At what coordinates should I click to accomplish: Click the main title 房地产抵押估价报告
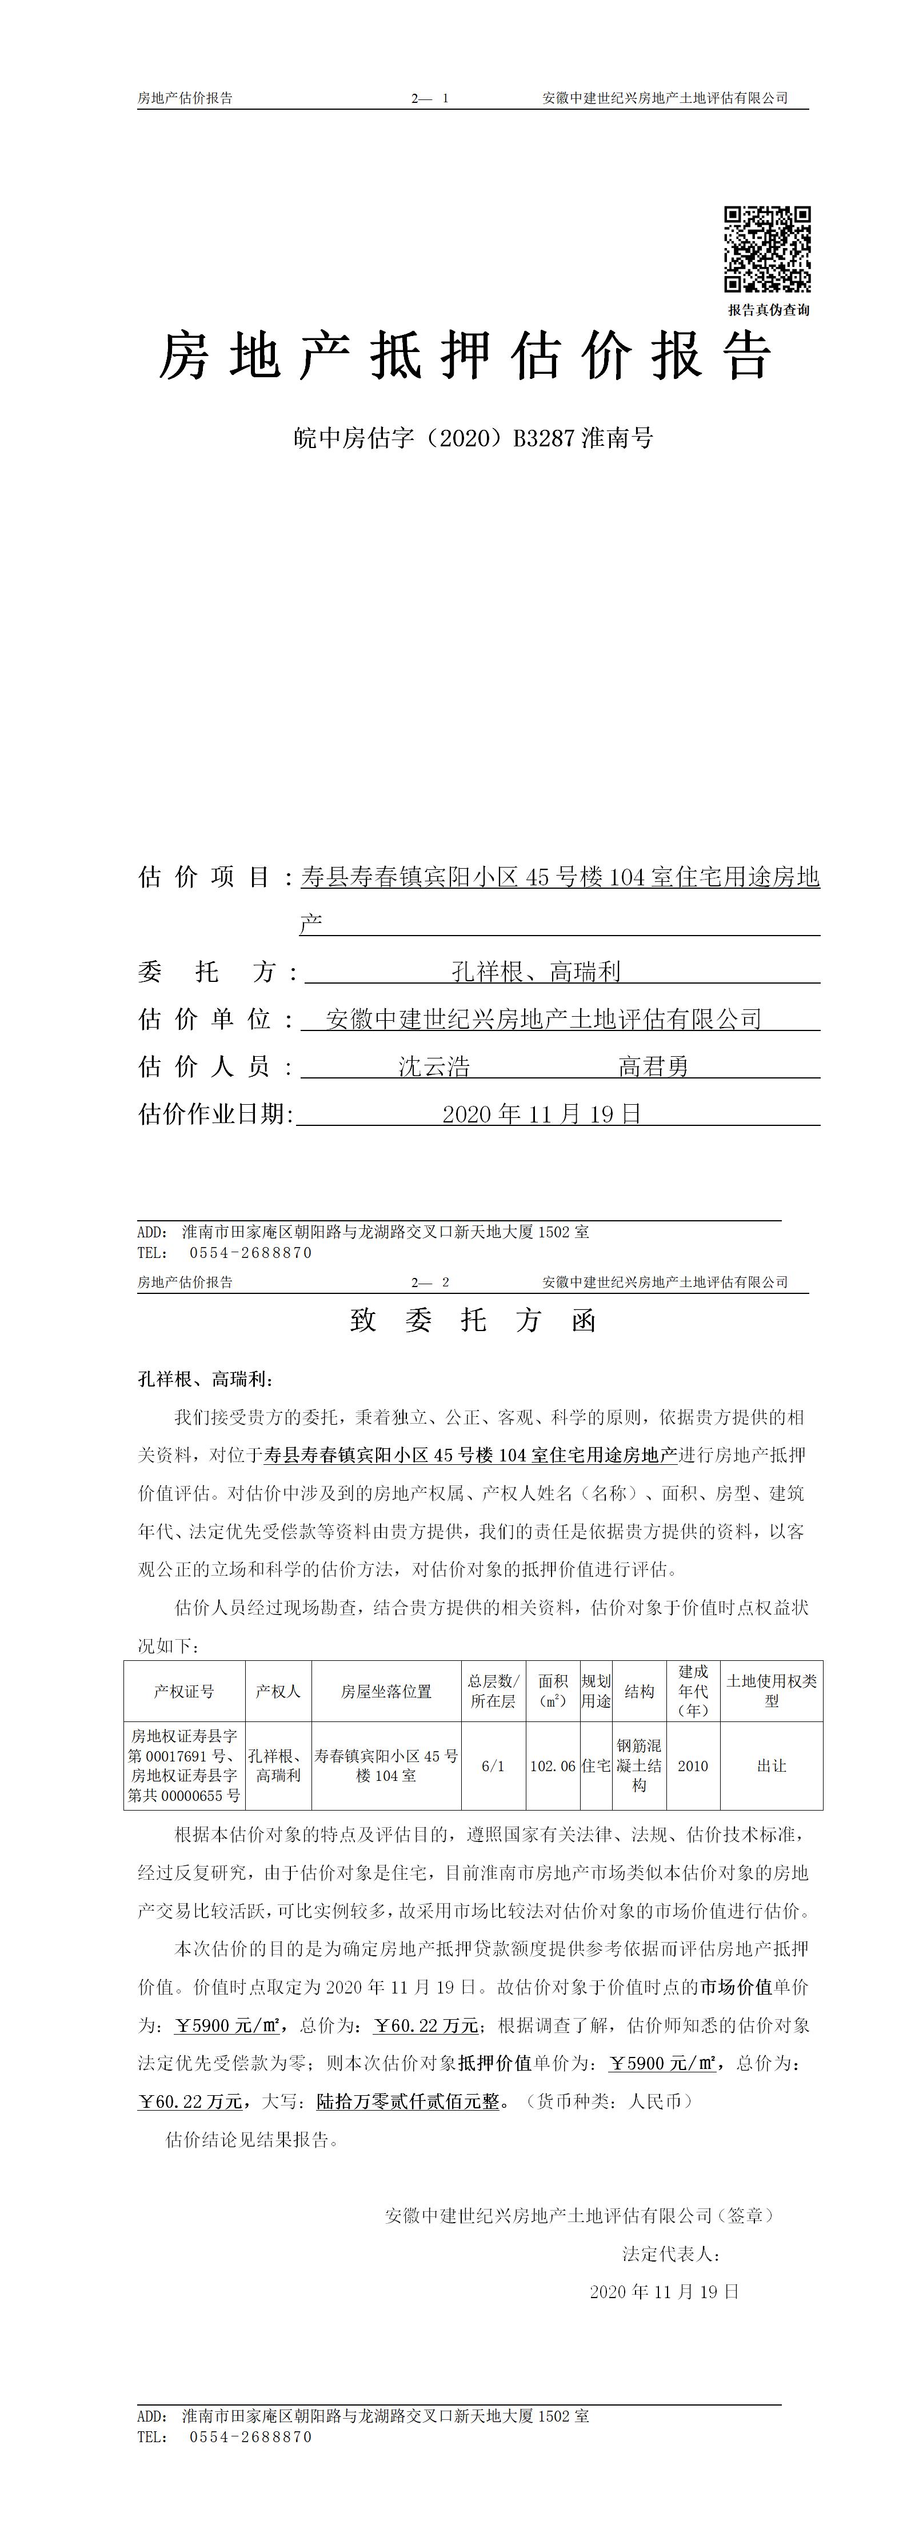point(465,356)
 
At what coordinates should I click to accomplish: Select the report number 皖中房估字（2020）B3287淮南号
point(473,438)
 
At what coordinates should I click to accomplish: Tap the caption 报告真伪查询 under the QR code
point(768,310)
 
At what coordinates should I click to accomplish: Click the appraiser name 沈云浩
point(434,1066)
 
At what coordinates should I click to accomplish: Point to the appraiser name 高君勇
point(653,1066)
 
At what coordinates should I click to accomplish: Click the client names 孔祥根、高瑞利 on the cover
point(536,972)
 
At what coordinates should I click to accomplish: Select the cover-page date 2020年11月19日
point(541,1114)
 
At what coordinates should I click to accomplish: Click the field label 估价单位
point(205,1018)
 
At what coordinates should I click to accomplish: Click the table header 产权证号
point(184,1691)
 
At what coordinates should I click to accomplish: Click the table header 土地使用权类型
point(771,1691)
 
